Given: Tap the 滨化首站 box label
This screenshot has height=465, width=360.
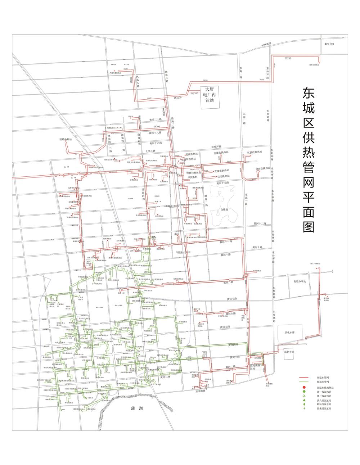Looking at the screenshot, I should (x=289, y=352).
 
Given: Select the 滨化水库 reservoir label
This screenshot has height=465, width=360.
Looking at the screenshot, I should (x=289, y=333).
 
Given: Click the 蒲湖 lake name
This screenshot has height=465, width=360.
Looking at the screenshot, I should (x=137, y=408).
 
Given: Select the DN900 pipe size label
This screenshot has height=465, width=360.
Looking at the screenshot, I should (x=257, y=358).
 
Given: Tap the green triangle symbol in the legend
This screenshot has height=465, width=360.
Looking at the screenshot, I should (x=304, y=400).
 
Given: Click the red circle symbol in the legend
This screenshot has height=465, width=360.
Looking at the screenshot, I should (x=304, y=387).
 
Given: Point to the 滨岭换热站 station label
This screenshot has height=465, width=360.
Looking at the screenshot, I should (x=66, y=139).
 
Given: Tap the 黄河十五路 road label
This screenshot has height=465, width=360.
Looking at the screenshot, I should (x=223, y=183).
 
